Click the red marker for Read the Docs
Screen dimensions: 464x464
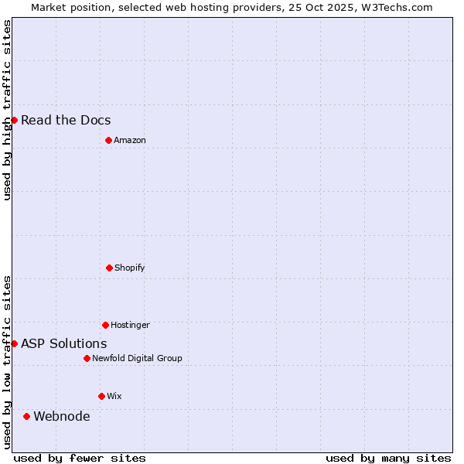coord(14,120)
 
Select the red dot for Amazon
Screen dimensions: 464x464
coord(108,140)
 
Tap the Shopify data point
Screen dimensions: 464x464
coord(109,268)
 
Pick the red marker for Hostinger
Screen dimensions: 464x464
coord(105,325)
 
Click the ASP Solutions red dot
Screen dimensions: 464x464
coord(14,343)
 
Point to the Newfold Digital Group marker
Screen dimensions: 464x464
coord(87,358)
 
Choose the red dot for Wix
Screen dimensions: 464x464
coord(101,396)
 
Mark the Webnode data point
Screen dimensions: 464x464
coord(26,416)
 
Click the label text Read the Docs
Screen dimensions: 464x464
coord(66,120)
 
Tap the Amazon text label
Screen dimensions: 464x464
coord(130,140)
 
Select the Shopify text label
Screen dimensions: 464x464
coord(130,268)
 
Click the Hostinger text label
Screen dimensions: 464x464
coord(130,325)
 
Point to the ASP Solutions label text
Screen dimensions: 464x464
coord(64,343)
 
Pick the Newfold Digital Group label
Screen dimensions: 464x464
coord(137,358)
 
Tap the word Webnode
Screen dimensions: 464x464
coord(62,416)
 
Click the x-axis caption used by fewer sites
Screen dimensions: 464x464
coord(80,458)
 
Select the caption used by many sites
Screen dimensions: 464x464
coord(388,458)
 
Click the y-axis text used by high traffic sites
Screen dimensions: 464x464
coord(7,110)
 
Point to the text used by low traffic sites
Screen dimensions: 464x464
coord(7,362)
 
